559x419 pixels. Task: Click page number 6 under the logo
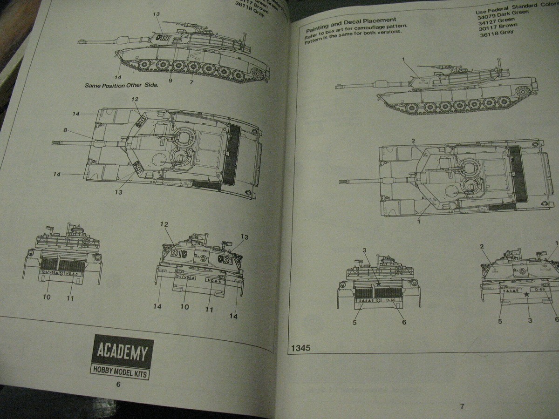[x=118, y=385]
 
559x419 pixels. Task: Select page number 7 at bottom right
[x=462, y=406]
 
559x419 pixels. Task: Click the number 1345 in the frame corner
[x=301, y=348]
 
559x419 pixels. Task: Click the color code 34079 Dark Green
[x=503, y=13]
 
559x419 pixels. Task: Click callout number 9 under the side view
[x=170, y=81]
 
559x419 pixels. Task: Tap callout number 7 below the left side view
[x=191, y=82]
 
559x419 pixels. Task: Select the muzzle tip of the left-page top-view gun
[x=55, y=142]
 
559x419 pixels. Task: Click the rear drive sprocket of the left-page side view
[x=257, y=73]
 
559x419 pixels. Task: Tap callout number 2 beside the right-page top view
[x=413, y=141]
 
